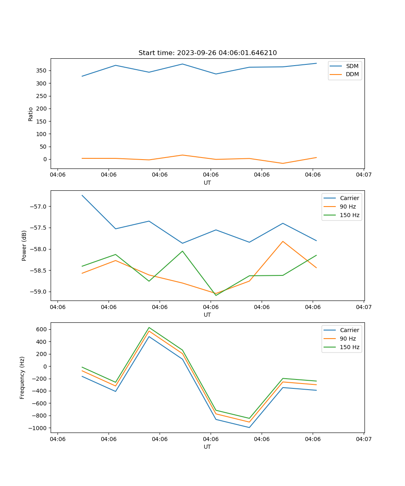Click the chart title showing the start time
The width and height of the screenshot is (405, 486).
click(x=207, y=53)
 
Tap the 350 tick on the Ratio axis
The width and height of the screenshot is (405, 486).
click(x=42, y=70)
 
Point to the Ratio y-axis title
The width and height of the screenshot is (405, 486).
click(x=31, y=114)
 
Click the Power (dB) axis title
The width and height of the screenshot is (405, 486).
click(x=24, y=245)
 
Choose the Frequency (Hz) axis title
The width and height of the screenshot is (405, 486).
click(x=22, y=377)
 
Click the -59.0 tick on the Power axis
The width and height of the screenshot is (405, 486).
click(x=39, y=292)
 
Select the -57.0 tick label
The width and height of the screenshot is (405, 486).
click(x=39, y=207)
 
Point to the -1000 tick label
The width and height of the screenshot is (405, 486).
click(x=38, y=428)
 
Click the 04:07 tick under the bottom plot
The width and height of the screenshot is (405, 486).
click(x=364, y=439)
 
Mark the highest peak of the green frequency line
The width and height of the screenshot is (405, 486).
click(x=149, y=328)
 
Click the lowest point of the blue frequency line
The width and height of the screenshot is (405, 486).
click(x=249, y=427)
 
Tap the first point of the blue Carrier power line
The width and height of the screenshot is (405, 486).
click(x=82, y=195)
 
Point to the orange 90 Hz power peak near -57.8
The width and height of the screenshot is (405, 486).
click(x=283, y=241)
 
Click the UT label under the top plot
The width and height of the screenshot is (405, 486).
click(x=207, y=183)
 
